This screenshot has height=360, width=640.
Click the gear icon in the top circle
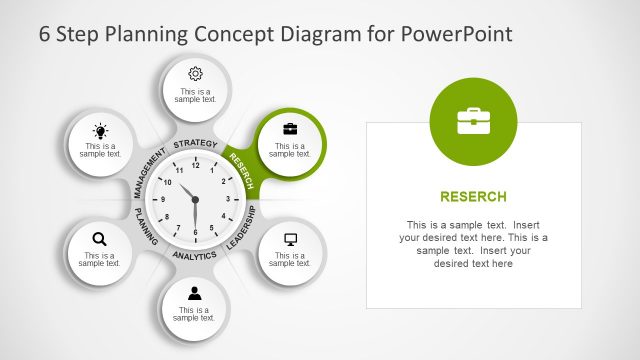click(195, 73)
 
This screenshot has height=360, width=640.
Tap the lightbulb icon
click(100, 131)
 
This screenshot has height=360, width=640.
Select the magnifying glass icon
click(99, 238)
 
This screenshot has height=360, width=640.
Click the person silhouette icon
click(195, 293)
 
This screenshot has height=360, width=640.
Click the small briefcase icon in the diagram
click(290, 129)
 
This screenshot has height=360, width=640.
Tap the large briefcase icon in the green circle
click(473, 121)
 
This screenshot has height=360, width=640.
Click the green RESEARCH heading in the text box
click(473, 196)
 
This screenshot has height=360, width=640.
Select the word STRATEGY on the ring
click(195, 145)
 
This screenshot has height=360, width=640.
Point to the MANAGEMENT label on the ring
click(149, 171)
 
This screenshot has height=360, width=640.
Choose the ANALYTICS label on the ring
click(194, 256)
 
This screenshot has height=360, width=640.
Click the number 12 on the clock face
click(195, 167)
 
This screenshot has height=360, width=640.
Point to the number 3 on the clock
click(228, 200)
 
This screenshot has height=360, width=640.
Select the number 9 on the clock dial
click(162, 200)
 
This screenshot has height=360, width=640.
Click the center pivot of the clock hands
click(195, 200)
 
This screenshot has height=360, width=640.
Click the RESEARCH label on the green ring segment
click(240, 170)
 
